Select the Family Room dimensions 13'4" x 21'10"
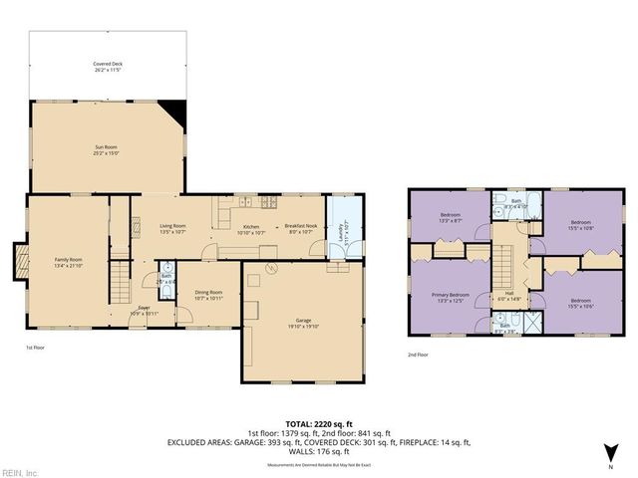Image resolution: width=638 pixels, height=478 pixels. (x=69, y=265)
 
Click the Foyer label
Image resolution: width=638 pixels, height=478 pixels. (x=145, y=308)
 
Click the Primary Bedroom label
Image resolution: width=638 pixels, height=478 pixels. (x=452, y=295)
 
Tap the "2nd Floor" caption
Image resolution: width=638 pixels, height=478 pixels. (x=418, y=354)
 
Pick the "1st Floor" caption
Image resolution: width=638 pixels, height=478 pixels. (x=36, y=348)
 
